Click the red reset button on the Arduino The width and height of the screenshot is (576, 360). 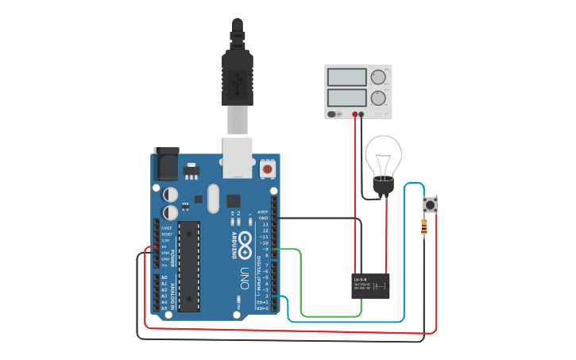coord(268,168)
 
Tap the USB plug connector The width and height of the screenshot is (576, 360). coord(237,79)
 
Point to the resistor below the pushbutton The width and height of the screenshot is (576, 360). coord(424,229)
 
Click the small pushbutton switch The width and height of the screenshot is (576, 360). coord(431,204)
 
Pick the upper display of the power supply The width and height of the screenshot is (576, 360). coord(346,77)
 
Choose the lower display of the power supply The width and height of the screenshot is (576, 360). coord(346,99)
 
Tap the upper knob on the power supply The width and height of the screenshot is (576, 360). coord(377,77)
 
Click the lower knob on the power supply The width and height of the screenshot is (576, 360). coord(377,99)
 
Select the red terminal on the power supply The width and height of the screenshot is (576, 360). coord(354,114)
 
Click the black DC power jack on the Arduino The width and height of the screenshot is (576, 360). coord(164,165)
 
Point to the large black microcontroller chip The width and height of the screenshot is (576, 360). coord(189,266)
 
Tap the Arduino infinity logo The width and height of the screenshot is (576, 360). coord(245,242)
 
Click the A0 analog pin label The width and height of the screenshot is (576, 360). coord(164,277)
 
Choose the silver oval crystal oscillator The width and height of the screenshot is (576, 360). coord(212,199)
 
